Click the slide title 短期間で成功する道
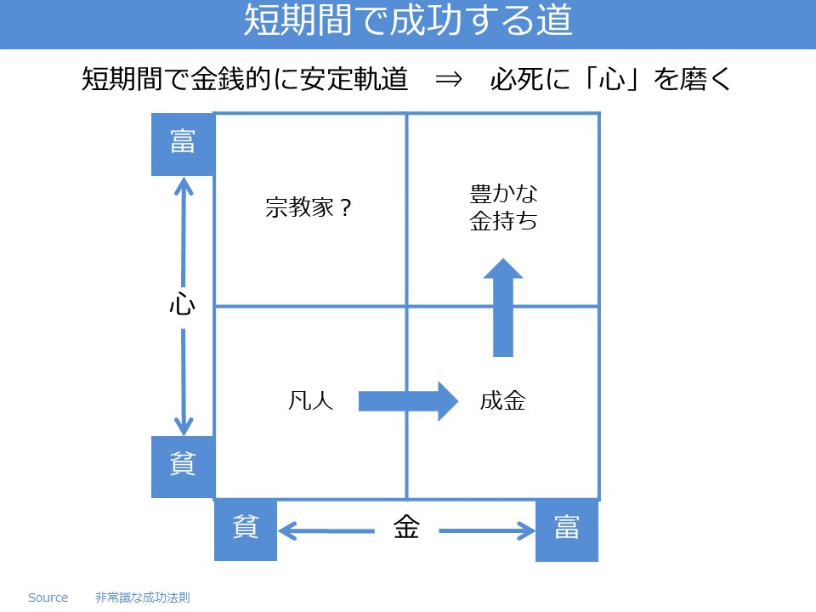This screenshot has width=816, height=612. (408, 22)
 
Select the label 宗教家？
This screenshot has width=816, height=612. (309, 208)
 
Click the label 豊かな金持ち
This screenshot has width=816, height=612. (503, 208)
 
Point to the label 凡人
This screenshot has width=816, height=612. (311, 400)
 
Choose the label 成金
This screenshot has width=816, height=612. (503, 400)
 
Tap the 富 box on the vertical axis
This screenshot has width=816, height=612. (183, 144)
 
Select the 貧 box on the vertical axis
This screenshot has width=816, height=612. (183, 466)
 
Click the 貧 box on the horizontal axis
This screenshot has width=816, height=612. (246, 530)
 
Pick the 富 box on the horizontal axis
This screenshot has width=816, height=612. (567, 530)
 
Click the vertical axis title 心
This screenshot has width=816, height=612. (183, 305)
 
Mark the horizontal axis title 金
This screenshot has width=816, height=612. (406, 529)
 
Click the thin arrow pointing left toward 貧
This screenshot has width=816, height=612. (327, 532)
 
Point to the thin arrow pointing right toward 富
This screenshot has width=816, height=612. (486, 532)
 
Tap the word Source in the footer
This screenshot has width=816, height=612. (48, 598)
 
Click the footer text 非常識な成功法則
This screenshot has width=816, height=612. (143, 598)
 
